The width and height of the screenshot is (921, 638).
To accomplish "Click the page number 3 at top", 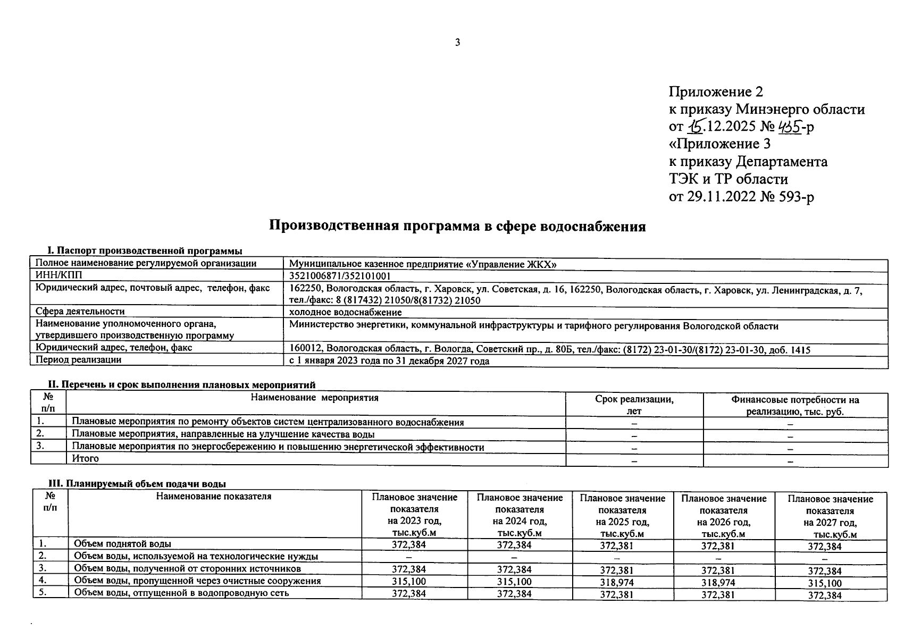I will coord(457,43).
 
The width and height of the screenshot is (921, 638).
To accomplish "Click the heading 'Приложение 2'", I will coord(715,92).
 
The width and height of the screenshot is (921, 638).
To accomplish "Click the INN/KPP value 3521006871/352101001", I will coord(340,276).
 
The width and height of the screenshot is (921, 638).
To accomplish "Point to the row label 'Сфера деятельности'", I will coord(80,312).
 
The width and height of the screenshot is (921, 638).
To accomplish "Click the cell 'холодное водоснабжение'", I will coord(345,313).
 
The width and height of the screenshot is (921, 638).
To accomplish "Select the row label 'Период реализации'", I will coord(78,360).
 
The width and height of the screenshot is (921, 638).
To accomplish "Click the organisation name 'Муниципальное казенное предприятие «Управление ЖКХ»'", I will coord(423,264).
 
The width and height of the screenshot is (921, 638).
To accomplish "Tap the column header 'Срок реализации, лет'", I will coord(634,405).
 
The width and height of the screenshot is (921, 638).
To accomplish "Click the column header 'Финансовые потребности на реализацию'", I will coord(795,406).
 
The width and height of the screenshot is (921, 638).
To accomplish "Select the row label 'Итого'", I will coord(86,458).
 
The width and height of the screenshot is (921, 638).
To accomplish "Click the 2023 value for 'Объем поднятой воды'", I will coord(408,545).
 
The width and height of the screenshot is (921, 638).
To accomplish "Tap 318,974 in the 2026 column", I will coord(718,583).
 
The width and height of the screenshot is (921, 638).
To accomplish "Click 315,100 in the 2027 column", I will coord(824,583).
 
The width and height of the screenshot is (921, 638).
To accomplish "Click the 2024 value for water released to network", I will coord(514,594).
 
